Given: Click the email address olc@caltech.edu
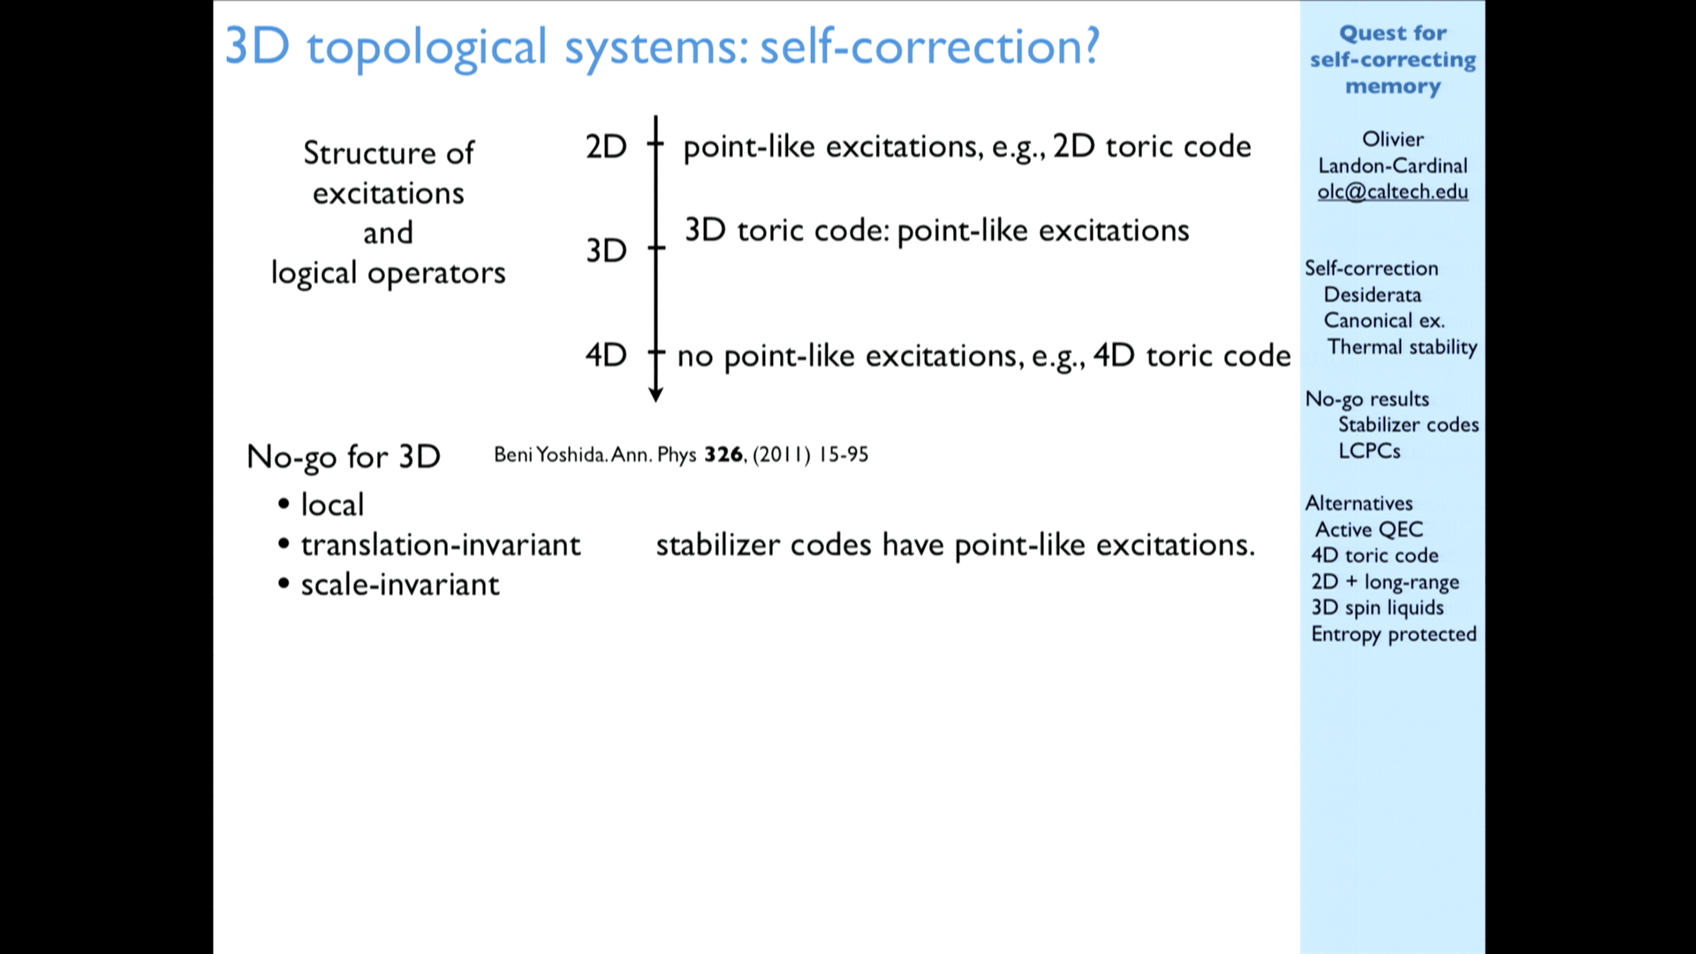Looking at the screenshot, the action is pos(1393,192).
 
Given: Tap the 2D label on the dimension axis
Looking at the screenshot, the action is pos(606,147).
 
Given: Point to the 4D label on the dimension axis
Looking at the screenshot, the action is pos(606,355).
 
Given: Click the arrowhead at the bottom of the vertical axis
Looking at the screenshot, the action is pos(655,394).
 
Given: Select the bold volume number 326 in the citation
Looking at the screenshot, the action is pos(723,454).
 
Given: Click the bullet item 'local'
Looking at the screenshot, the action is pos(332,504).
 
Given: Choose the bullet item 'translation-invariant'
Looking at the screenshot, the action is pos(441,545).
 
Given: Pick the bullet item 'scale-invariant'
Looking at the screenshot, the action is pos(400,585).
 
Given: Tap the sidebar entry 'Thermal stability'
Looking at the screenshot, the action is pos(1402,347).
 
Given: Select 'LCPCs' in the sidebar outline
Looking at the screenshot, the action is pos(1369,450).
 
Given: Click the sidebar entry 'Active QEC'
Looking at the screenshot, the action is pos(1369,529).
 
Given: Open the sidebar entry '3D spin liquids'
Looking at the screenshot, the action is pos(1377,608).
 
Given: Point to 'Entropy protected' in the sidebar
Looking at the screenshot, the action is pos(1394,634).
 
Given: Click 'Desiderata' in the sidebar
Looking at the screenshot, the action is pos(1373,294).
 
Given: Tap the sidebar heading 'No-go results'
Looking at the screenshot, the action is pos(1367,399).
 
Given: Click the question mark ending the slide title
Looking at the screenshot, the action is pos(1092,46).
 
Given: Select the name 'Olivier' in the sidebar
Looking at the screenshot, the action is pos(1393,139).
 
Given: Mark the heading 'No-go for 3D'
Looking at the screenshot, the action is pos(344,457).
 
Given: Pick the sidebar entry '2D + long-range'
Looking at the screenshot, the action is pos(1385,582).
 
